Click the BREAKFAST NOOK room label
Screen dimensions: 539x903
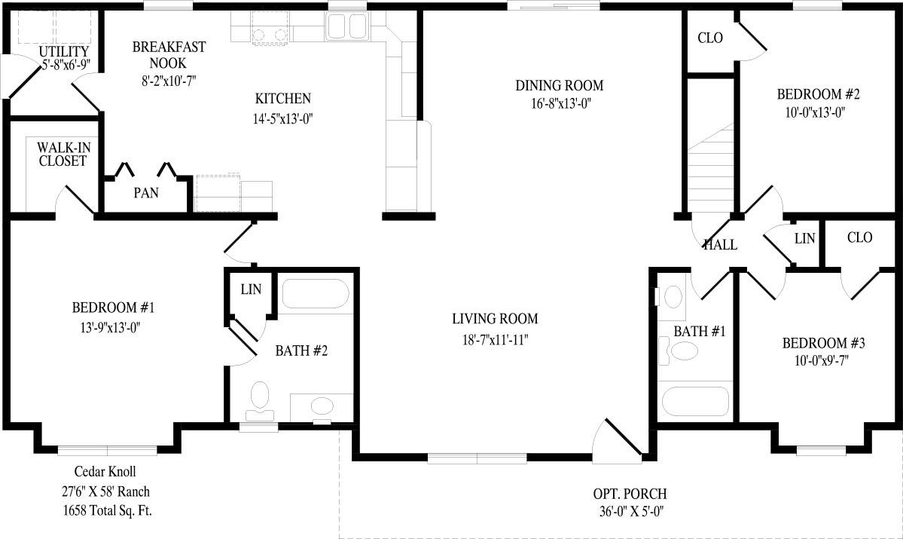[x=169, y=54]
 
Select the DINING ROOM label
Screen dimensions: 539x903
[x=559, y=85]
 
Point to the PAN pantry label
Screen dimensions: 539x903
[x=146, y=193]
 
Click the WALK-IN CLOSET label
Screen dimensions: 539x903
[x=63, y=154]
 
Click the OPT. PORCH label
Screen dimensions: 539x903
[x=629, y=495]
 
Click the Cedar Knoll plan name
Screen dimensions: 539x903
[x=105, y=472]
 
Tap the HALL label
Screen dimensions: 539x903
[x=720, y=244]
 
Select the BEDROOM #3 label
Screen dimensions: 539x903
[x=823, y=344]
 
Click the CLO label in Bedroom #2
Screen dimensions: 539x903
[x=710, y=38]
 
